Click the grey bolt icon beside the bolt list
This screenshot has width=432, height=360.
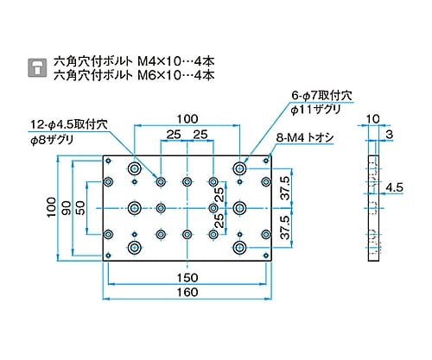coord(37,68)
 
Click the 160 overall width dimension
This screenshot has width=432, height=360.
coord(187,293)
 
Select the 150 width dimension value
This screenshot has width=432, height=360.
coord(187,278)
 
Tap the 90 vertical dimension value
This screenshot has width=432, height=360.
coord(67,208)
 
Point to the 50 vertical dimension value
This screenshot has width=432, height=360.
coord(80,208)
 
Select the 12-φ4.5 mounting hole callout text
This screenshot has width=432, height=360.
coord(69,124)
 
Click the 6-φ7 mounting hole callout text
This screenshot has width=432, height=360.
coord(321,96)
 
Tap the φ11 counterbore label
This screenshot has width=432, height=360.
coord(315,110)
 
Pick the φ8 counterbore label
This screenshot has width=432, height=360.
coord(52,140)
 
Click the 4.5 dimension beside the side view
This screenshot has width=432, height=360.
coord(395,187)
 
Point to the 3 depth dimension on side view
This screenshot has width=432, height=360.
coord(390,135)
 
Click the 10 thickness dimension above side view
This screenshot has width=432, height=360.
coord(373,119)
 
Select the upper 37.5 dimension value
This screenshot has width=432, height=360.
coord(285,188)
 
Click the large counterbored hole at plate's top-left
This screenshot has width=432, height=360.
coord(135,168)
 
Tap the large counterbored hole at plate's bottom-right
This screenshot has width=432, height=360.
coord(239,248)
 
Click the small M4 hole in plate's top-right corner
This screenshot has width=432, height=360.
coord(266,161)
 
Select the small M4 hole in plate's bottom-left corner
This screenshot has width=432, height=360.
coord(108,256)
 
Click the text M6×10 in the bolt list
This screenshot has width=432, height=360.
coord(160,75)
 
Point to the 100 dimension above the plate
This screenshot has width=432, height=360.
coord(187,119)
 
